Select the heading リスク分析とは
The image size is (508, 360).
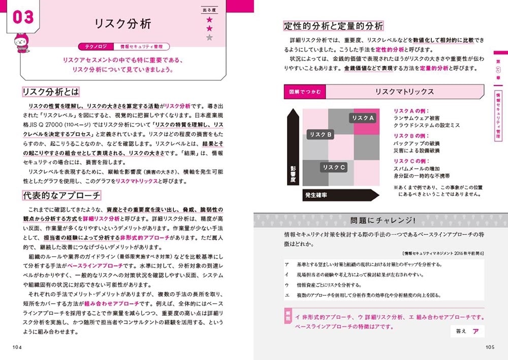51,92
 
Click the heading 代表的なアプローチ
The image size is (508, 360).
61,195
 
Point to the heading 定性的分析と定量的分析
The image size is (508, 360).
333,26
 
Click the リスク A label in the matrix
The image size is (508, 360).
363,118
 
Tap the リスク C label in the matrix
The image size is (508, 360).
334,167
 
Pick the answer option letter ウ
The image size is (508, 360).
287,285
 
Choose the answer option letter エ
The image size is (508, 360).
287,295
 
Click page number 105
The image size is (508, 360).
490,347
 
